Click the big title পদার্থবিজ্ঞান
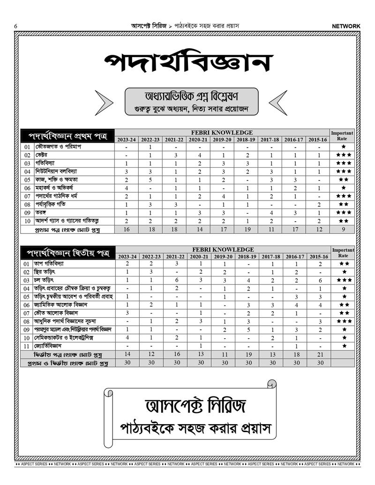188,63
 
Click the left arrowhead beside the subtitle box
104,103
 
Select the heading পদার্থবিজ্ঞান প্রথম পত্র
67,137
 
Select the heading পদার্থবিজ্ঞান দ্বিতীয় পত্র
67,254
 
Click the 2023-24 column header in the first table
127,140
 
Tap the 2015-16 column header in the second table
319,257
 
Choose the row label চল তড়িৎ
45,280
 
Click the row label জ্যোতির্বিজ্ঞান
51,345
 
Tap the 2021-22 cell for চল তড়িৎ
174,280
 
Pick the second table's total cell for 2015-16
319,354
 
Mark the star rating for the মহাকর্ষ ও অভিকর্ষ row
343,187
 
